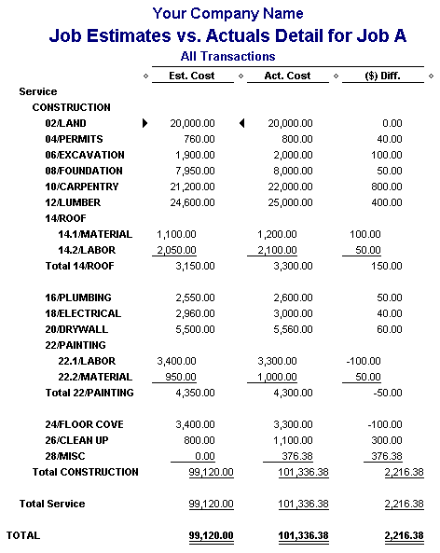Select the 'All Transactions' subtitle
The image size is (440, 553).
click(227, 56)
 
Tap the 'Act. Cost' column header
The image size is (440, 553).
click(287, 76)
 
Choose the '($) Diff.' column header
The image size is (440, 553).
click(384, 76)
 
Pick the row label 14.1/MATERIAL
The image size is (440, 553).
click(94, 234)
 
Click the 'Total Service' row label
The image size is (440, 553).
click(52, 504)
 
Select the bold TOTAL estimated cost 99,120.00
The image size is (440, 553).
click(211, 535)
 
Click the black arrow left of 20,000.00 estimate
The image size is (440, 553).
click(145, 123)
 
